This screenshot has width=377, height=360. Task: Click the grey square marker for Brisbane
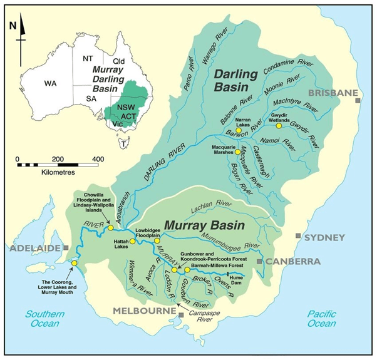coord(358,100)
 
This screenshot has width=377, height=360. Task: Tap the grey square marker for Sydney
coord(299,235)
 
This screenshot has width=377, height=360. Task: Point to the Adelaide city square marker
coord(66,249)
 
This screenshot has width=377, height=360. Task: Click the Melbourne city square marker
coord(180,314)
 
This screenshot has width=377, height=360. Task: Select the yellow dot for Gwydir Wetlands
coord(279,125)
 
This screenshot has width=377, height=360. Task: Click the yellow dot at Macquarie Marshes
coord(237,152)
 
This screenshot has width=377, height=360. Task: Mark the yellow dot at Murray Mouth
coord(74,264)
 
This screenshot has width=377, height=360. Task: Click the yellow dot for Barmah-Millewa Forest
coord(187,270)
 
